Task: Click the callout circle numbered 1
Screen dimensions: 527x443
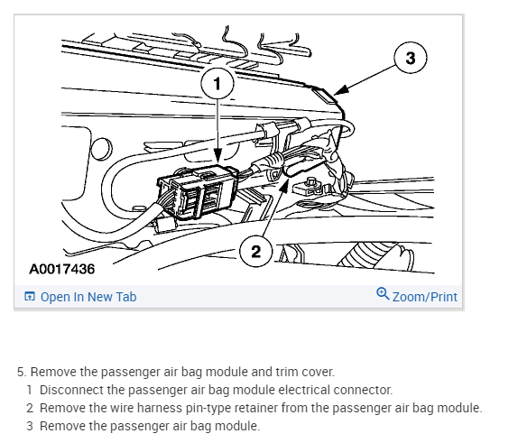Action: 217,83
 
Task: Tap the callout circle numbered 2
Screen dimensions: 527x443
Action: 255,251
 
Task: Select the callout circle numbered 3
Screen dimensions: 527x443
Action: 410,58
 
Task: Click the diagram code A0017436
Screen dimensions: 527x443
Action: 62,269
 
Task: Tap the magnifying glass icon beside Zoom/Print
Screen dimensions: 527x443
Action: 383,293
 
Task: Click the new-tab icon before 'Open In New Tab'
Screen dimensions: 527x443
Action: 30,297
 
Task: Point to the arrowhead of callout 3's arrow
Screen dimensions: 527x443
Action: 336,94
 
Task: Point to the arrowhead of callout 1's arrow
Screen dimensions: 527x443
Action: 217,162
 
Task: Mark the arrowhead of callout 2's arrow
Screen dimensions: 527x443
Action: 288,180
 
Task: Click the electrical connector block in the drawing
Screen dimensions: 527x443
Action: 198,191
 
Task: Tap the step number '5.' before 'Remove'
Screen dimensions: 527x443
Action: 22,372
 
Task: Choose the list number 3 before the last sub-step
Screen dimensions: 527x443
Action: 30,426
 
